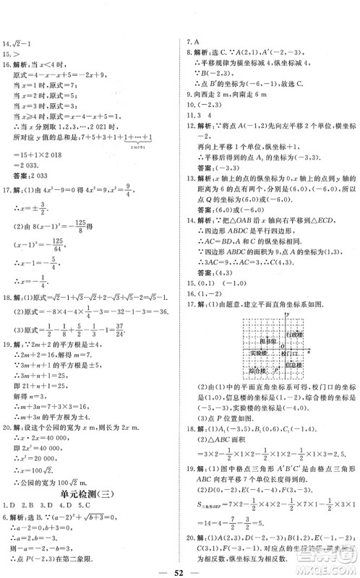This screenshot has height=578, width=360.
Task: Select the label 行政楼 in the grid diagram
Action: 296,335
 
